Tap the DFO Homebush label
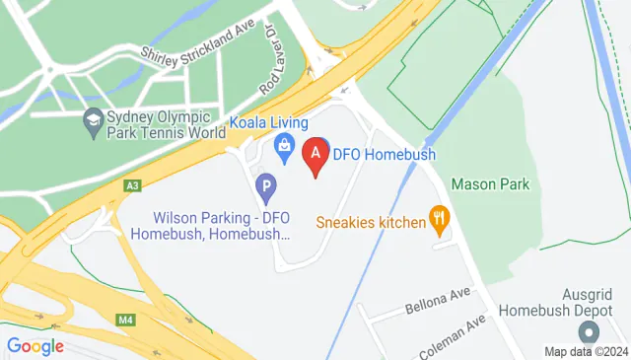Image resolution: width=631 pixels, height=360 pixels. tap(384, 154)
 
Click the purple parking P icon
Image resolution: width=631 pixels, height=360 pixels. tap(265, 184)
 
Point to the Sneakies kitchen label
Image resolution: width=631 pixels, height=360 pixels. tap(370, 222)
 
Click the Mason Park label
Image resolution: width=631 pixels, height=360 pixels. tap(490, 183)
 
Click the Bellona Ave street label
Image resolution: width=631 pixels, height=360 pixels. tap(438, 301)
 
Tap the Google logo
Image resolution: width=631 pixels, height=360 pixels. tap(35, 346)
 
